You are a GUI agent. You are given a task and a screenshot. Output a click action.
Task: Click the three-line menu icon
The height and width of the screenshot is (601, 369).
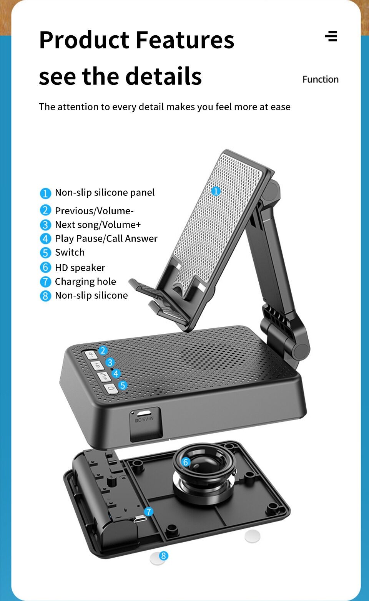pos(331,36)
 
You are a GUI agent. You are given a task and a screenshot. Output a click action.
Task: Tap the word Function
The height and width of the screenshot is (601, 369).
pos(321,79)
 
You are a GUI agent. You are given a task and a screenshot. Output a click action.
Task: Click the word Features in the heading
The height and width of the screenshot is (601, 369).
pos(185,40)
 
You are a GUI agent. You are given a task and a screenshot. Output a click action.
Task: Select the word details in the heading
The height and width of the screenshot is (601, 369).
pos(164,76)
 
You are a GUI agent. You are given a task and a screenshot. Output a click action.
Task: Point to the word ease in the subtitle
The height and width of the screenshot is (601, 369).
pos(280,107)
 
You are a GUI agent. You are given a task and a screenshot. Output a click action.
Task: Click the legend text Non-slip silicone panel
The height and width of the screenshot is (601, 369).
pos(105,193)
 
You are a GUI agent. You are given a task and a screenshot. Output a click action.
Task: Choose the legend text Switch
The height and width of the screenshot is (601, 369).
pos(70,252)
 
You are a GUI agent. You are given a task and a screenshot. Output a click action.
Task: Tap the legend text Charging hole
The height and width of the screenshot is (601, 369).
pos(85,281)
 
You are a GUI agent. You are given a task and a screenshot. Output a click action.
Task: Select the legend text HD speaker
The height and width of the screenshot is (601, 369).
pos(80,268)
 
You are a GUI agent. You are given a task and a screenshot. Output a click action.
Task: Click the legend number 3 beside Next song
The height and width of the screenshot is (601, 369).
pos(45,225)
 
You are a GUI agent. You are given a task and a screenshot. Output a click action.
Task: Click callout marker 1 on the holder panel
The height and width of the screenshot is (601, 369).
pos(216,191)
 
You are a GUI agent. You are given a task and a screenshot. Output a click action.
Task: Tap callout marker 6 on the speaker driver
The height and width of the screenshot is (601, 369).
pos(185,462)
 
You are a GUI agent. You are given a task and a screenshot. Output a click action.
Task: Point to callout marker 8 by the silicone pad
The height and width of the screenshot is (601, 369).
pos(163,556)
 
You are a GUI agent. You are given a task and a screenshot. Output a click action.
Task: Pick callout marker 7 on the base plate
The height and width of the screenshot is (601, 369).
pos(148,512)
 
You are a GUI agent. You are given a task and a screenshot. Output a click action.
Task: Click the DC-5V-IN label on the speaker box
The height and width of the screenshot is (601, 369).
pos(144,420)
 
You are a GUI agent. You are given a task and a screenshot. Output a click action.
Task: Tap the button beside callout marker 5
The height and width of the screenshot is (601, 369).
pos(111,389)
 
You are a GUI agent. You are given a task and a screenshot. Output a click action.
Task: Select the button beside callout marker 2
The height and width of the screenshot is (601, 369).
pos(91,355)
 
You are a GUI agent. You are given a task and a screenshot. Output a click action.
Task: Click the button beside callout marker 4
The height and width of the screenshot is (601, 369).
pos(104,377)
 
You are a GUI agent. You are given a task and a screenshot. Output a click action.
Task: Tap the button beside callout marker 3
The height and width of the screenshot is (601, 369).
pos(97,366)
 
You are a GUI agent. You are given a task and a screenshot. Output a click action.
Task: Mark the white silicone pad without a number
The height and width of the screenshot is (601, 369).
pos(252,536)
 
